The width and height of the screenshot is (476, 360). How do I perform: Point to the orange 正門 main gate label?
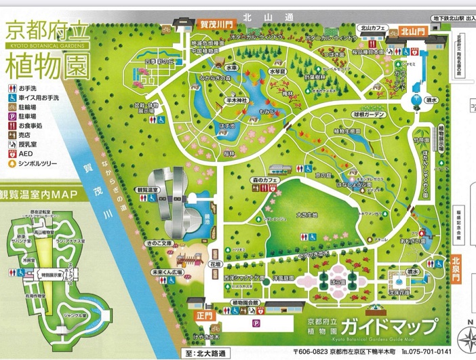tap(197, 315)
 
